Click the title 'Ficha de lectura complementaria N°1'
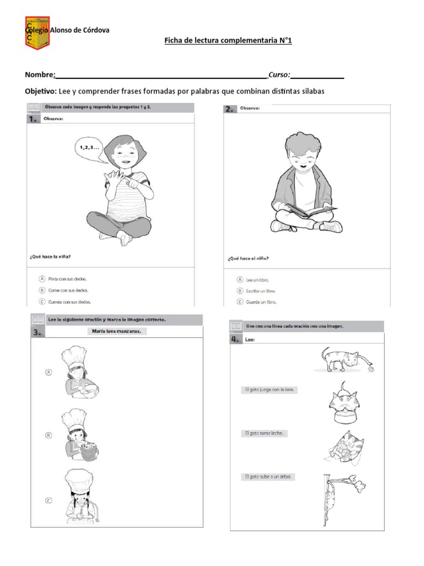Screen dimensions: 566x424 224,41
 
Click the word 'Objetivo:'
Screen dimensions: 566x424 40,91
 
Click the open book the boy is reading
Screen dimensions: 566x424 310,211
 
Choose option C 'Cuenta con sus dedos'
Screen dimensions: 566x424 42,302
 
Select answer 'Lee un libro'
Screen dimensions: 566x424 240,280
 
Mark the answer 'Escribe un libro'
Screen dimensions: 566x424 240,291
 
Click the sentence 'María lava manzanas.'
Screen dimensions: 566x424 118,332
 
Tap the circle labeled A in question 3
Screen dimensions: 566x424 49,373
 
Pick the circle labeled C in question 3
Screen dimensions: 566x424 49,501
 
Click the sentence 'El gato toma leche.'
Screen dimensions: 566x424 264,433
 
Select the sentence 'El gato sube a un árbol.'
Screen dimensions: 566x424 268,476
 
